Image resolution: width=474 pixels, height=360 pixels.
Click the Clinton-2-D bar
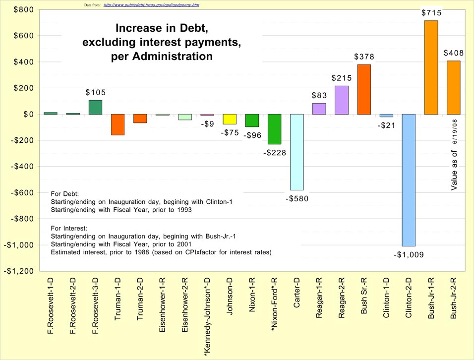[x=409, y=180]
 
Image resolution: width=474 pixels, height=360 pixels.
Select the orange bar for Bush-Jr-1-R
[x=431, y=67]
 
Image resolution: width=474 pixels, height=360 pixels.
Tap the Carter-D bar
[x=296, y=152]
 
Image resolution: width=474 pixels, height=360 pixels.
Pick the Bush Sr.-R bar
[x=363, y=89]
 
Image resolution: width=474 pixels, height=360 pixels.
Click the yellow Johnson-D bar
[x=230, y=119]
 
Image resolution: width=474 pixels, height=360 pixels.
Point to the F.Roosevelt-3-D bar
[x=95, y=107]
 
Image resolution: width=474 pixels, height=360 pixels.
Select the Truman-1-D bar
[x=118, y=124]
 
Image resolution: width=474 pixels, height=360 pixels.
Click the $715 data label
[x=431, y=12]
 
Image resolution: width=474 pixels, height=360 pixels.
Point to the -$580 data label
[x=297, y=199]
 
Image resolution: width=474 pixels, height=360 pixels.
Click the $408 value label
[x=453, y=53]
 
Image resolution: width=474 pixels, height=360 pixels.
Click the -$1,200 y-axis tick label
[x=19, y=271]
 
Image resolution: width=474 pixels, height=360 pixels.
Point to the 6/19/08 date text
[x=454, y=131]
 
